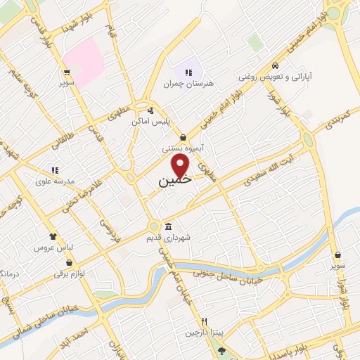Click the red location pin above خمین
(181, 166)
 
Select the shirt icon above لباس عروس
(51, 236)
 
